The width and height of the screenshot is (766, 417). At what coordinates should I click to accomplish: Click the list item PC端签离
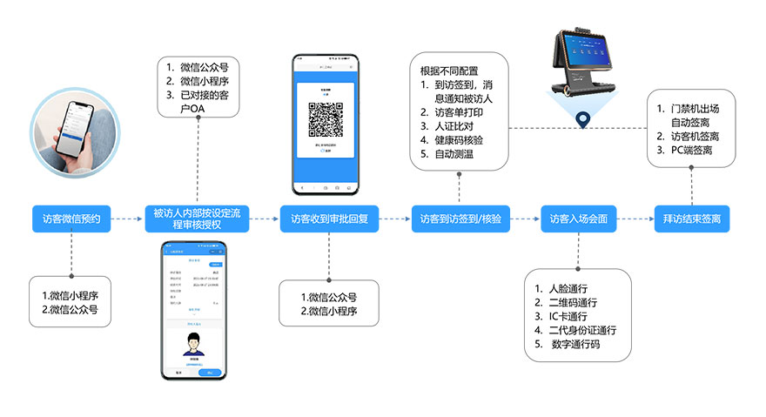click(693, 152)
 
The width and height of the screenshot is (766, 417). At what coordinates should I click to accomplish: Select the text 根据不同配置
click(450, 71)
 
